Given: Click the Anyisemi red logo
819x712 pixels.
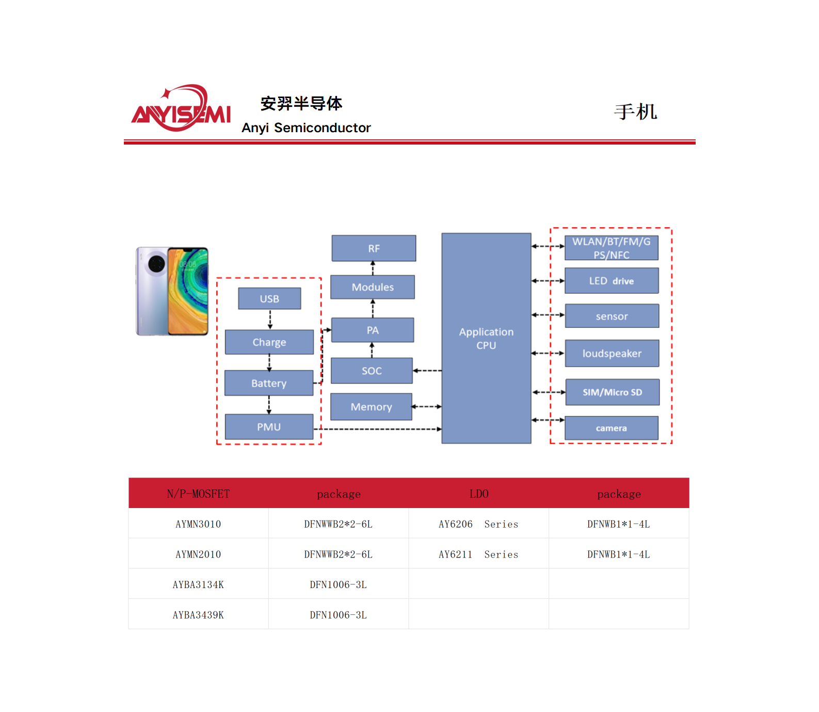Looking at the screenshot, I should coord(181,109).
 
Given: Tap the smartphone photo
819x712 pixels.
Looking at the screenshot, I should coord(172,291).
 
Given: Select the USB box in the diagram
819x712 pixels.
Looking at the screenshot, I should coord(269,298).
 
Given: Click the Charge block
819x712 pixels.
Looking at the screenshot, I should coord(269,342).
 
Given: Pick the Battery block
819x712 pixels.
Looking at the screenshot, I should coord(269,383).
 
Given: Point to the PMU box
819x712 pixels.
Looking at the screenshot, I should coord(269,427).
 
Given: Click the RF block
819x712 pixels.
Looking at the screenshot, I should coord(374,248).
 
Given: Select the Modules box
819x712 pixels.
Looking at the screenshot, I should coord(373,287).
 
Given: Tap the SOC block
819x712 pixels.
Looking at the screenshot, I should coord(372,371).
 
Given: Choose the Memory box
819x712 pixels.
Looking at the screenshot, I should coord(371,407).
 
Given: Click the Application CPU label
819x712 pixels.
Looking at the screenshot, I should coord(486,338).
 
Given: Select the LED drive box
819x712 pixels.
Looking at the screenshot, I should coord(612,281).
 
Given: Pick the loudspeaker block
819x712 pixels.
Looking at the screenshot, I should coord(612,353).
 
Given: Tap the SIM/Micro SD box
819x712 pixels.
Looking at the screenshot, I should coord(612,392).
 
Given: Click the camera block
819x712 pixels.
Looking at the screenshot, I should coord(612,428).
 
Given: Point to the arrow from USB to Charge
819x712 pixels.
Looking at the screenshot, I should coord(270,320).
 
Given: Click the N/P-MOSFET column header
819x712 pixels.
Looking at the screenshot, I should coord(198,494).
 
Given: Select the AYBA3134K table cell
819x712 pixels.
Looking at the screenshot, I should coord(198,584).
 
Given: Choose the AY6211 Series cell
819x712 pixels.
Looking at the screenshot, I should coord(478,554).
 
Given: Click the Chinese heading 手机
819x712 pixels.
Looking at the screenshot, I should coord(635,112).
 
